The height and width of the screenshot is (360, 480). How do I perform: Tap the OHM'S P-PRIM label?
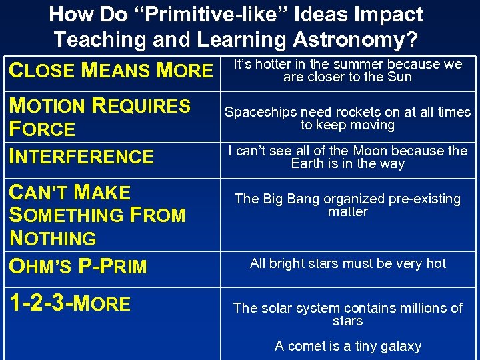[77, 267]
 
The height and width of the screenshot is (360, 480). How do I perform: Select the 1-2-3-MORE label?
[69, 304]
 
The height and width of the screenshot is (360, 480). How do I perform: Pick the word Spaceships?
[257, 112]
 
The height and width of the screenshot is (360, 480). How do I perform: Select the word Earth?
[311, 164]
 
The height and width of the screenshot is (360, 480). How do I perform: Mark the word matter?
[348, 212]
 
